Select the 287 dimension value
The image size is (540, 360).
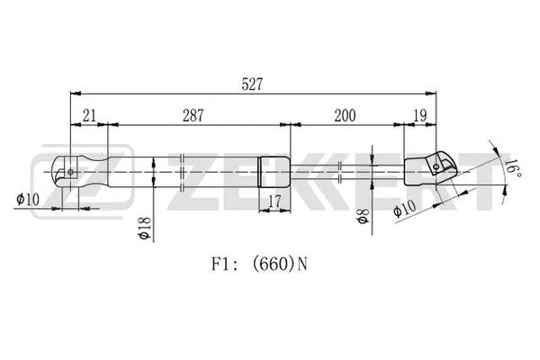tap(193, 116)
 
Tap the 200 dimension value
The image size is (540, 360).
tap(344, 116)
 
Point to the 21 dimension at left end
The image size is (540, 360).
tap(89, 116)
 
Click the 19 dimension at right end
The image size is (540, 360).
tap(420, 116)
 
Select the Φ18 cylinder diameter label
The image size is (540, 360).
tap(145, 225)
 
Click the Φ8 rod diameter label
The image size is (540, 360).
tap(361, 219)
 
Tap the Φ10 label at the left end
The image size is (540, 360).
tap(28, 200)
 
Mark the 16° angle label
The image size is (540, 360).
tap(510, 167)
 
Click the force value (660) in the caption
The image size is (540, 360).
tap(275, 265)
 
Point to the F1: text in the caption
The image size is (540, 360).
tap(224, 265)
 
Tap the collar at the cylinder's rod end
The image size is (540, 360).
tap(275, 168)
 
